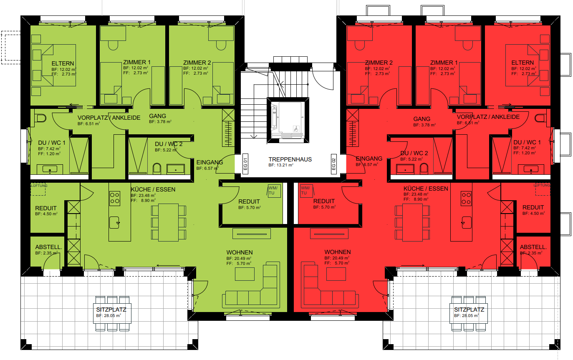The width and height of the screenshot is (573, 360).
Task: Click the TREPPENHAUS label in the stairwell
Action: [x=290, y=159]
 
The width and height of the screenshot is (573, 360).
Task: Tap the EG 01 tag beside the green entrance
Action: [x=245, y=164]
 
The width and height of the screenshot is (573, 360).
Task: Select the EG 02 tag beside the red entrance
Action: [x=333, y=164]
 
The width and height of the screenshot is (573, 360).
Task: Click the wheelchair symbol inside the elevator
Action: [x=296, y=129]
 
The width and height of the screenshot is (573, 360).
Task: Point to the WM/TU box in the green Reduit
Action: [x=274, y=191]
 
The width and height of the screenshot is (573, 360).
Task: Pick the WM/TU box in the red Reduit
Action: [x=306, y=191]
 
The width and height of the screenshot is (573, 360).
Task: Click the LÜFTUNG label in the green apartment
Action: [x=39, y=186]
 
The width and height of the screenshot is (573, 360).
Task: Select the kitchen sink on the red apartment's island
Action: [x=467, y=222]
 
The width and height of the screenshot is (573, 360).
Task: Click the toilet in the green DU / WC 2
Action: [x=157, y=169]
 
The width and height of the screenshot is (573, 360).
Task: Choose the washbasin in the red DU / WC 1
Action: [x=531, y=169]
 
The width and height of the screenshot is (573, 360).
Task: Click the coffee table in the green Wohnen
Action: [x=245, y=274]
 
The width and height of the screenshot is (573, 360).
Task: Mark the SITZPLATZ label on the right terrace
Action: [x=469, y=310]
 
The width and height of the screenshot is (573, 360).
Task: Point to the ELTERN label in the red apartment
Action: [x=523, y=63]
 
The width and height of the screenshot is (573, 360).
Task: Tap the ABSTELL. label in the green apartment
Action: [x=48, y=247]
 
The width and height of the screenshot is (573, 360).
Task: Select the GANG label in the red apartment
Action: [x=422, y=119]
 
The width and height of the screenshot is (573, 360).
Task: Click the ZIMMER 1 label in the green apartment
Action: [x=137, y=62]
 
